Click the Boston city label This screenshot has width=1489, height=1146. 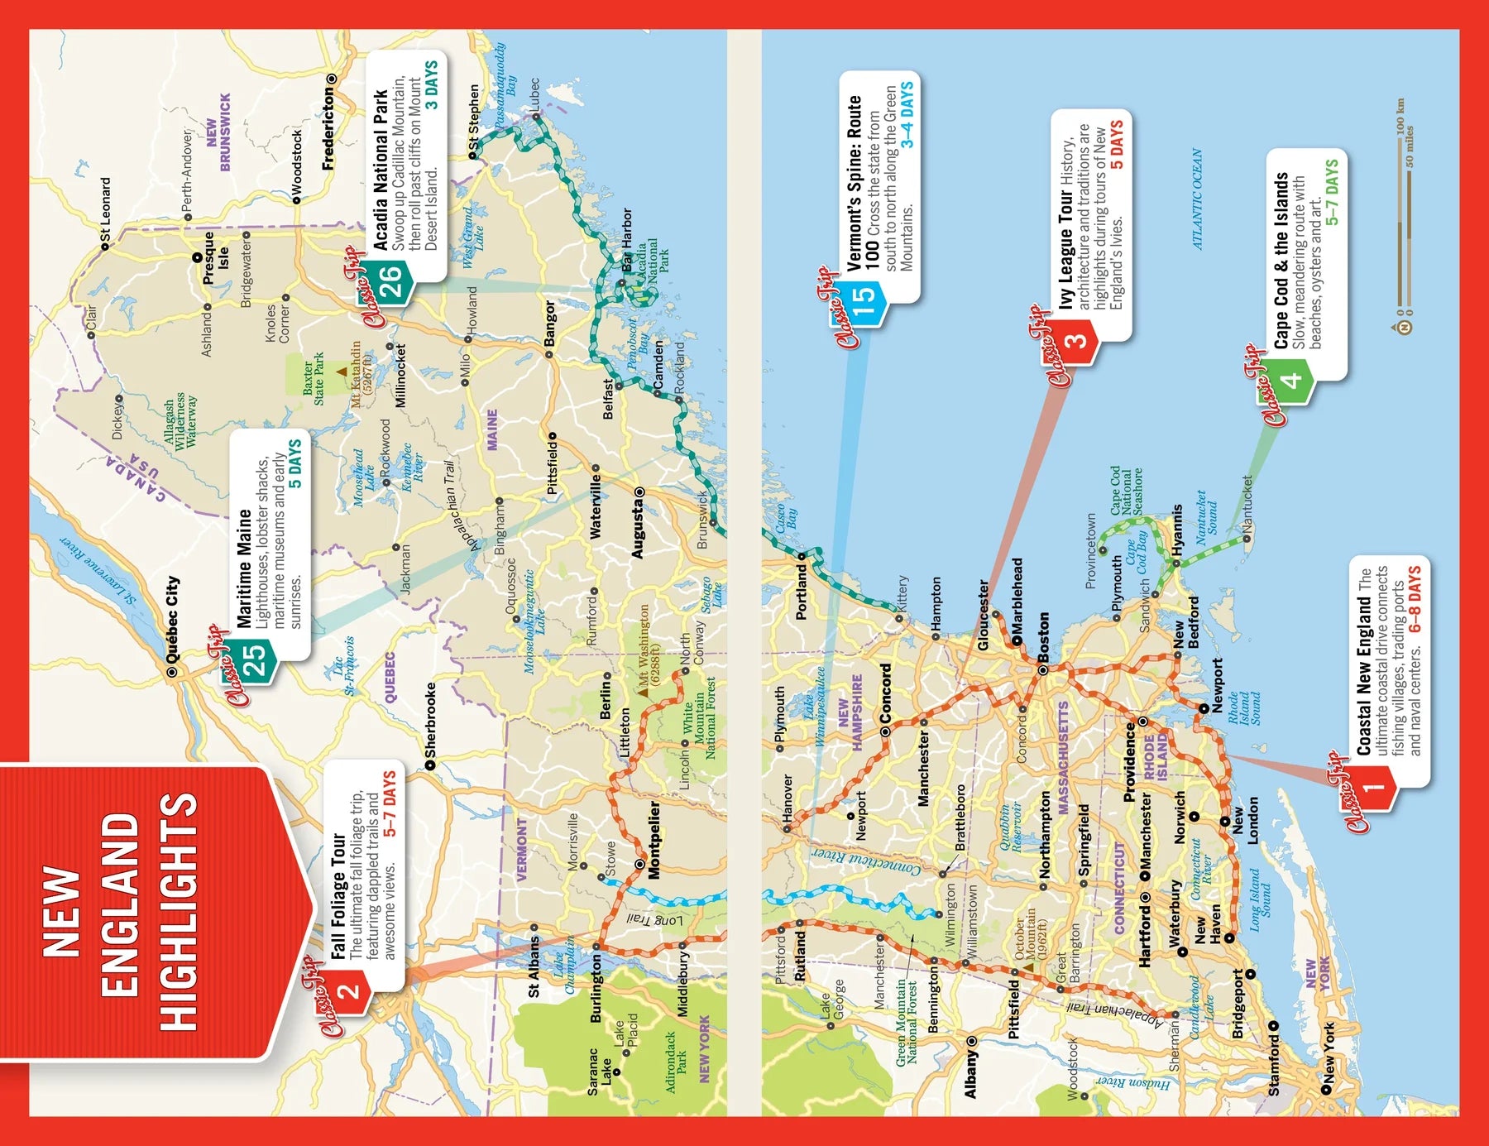point(1043,637)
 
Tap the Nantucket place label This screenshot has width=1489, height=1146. point(1247,503)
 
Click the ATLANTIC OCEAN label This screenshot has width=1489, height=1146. point(1197,199)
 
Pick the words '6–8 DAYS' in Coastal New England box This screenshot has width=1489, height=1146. point(1415,599)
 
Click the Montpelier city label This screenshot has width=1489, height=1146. point(654,839)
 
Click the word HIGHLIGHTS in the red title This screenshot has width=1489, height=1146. point(177,911)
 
